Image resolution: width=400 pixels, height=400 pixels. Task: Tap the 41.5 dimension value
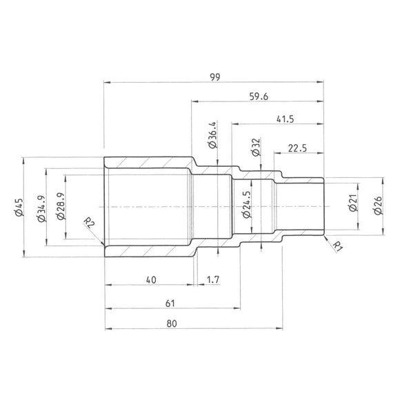pos(283,119)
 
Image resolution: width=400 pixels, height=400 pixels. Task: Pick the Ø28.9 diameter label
pos(61,208)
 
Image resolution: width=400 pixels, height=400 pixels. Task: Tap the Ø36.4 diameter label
pos(212,135)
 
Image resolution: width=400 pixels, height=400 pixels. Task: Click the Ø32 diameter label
pos(256,147)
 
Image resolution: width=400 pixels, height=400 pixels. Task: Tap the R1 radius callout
pos(337,246)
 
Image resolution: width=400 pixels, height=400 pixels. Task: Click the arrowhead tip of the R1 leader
pos(323,235)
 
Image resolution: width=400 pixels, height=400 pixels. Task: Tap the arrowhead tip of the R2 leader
pos(103,244)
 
